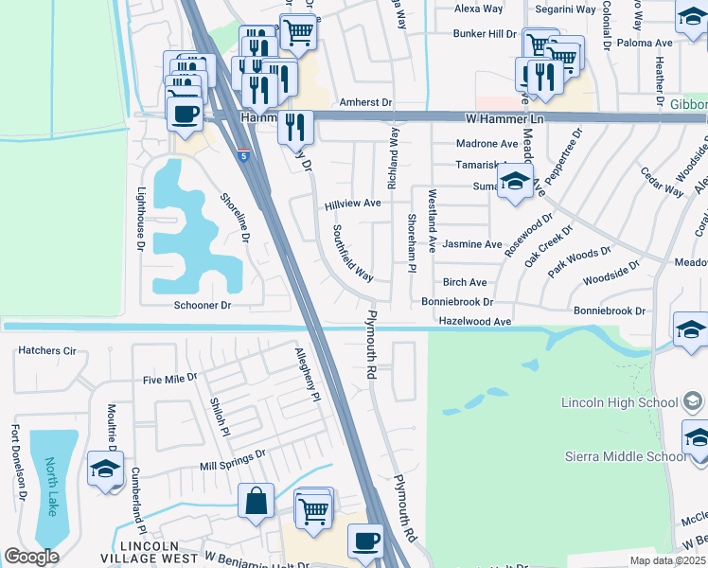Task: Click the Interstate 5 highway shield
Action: (x=247, y=156)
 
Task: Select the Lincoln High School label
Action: (x=620, y=401)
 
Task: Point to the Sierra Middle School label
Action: (x=626, y=456)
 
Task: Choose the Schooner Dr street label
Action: (x=203, y=306)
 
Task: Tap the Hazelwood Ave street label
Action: (x=474, y=322)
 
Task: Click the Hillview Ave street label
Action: (x=352, y=204)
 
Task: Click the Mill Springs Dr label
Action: (x=233, y=461)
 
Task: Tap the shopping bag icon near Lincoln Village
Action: (x=257, y=502)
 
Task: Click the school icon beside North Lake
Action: (x=105, y=469)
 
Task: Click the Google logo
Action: (x=31, y=557)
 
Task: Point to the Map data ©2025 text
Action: (x=666, y=560)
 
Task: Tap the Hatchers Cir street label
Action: (x=46, y=350)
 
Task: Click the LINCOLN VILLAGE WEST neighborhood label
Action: (x=159, y=553)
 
